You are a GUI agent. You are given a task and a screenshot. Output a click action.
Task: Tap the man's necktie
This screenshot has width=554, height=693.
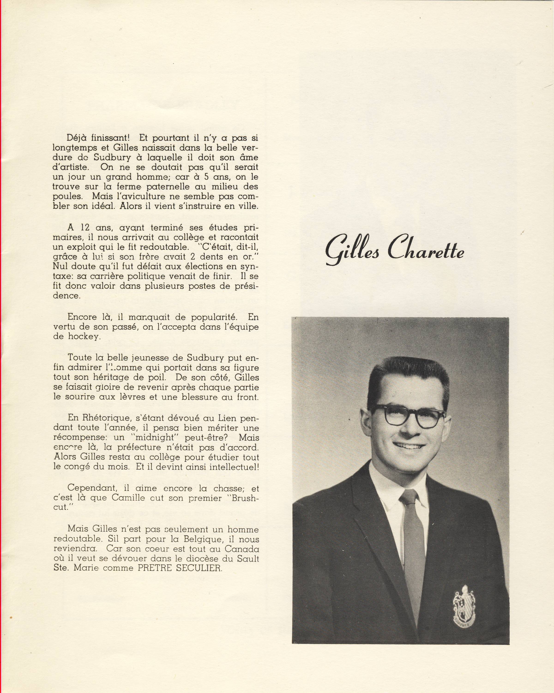click(x=414, y=540)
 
